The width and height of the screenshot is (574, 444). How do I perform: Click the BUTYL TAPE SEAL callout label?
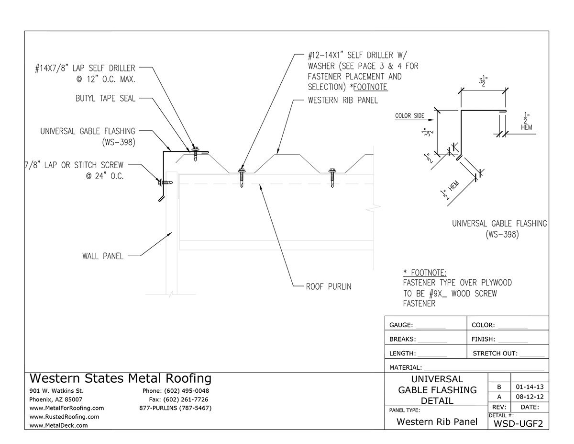(105, 99)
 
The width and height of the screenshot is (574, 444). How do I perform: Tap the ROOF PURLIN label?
(329, 287)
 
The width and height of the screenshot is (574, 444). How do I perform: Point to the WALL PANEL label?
(103, 256)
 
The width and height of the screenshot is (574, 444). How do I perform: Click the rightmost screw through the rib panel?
(333, 176)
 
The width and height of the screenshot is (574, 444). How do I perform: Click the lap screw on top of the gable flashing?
(195, 152)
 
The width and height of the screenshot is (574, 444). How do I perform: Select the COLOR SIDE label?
(410, 116)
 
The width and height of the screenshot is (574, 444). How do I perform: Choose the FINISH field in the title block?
(483, 340)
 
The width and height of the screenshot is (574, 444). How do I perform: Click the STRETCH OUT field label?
(495, 354)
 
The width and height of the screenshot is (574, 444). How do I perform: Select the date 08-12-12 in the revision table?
(530, 397)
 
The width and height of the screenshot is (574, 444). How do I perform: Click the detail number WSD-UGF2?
(518, 423)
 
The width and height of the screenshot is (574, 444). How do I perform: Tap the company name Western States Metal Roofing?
(120, 378)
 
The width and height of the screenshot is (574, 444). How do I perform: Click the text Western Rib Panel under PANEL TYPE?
(436, 422)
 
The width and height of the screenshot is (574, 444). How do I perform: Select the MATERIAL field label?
(406, 368)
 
